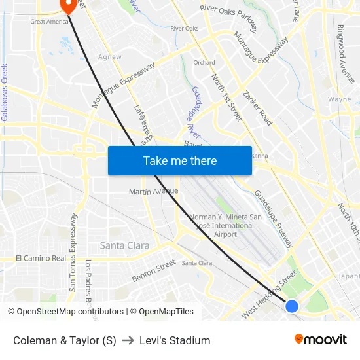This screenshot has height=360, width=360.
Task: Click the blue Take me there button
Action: click(180, 161)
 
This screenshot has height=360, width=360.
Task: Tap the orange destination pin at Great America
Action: click(68, 5)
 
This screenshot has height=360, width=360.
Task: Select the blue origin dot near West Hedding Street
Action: click(292, 306)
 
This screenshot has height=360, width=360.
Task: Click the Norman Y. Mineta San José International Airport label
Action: click(225, 226)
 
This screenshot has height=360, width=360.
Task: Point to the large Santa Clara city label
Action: click(124, 246)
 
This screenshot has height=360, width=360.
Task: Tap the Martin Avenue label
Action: click(153, 192)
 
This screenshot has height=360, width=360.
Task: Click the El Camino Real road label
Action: click(41, 258)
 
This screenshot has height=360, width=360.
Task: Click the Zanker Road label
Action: click(257, 108)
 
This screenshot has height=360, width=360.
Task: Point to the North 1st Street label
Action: click(226, 98)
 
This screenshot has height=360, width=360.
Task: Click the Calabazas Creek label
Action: click(5, 92)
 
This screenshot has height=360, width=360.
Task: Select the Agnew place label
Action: click(109, 57)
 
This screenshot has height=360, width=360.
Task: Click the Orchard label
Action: click(204, 63)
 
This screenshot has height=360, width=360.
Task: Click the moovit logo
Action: click(320, 340)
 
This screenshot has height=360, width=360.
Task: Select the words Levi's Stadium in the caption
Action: click(175, 340)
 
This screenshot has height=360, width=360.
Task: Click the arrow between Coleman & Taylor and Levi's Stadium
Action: click(128, 340)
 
